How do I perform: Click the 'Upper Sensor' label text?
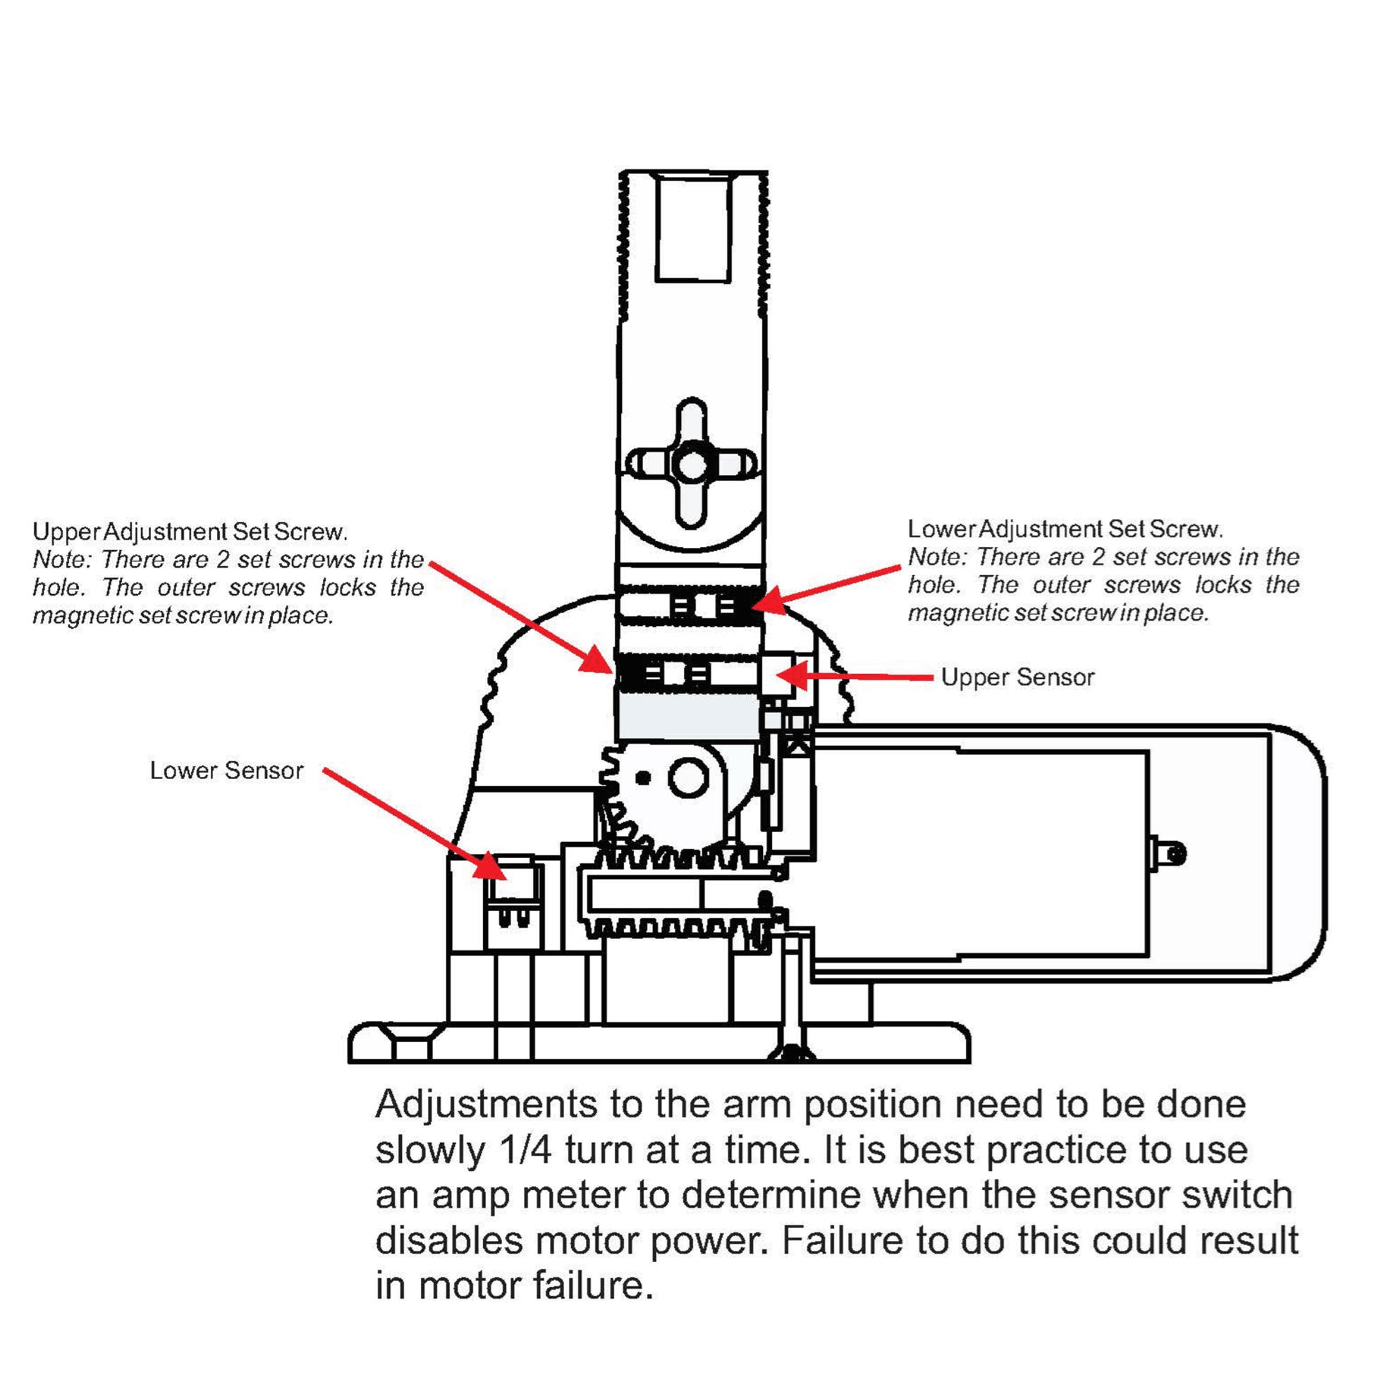click(x=1017, y=678)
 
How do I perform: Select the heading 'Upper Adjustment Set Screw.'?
click(x=190, y=532)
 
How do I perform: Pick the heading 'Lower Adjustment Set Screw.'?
click(x=1065, y=529)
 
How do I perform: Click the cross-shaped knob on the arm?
click(x=692, y=464)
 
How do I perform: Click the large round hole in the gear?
click(x=688, y=778)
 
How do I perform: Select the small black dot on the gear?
click(x=642, y=778)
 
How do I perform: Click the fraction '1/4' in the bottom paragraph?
click(x=525, y=1150)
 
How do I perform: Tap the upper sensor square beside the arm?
click(x=777, y=673)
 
